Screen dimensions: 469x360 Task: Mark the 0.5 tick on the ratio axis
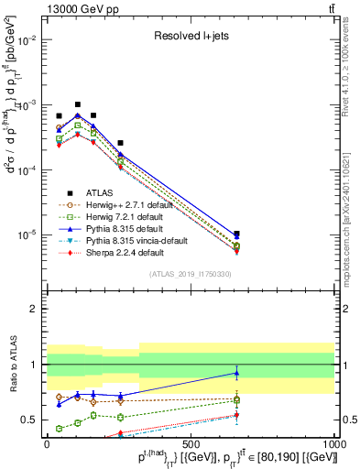29,420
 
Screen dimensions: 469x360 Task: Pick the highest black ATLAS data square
78,104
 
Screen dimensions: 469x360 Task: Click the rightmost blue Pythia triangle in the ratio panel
236,372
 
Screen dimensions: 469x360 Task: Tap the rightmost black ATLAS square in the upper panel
236,234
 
